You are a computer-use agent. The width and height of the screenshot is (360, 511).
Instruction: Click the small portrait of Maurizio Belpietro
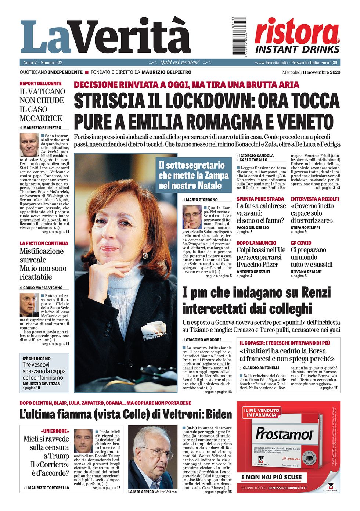29,145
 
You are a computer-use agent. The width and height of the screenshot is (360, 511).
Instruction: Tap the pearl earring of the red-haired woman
145,255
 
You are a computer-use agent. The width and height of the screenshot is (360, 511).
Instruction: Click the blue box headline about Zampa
194,175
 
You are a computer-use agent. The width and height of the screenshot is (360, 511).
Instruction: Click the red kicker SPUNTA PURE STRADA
260,199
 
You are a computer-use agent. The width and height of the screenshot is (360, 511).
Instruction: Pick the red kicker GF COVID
301,243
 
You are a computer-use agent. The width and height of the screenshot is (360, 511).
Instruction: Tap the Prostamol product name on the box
284,434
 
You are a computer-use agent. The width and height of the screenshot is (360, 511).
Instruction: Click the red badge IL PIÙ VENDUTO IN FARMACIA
261,412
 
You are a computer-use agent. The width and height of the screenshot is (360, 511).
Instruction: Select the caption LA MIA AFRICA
141,492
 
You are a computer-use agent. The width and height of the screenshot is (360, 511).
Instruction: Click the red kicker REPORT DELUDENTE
40,83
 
